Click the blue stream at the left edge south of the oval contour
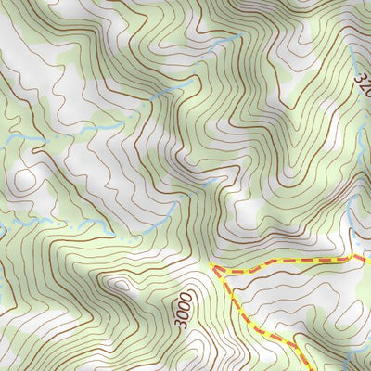pos(9,223)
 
